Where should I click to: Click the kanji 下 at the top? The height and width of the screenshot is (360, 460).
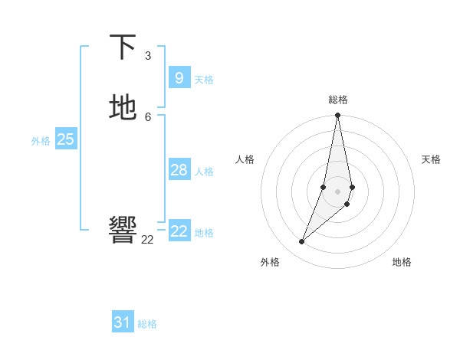pyautogui.click(x=123, y=47)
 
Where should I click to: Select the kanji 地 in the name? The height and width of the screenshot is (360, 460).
pyautogui.click(x=123, y=108)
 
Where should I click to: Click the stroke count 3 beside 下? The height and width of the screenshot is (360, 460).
pyautogui.click(x=148, y=56)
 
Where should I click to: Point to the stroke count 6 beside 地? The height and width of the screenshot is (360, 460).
pyautogui.click(x=148, y=116)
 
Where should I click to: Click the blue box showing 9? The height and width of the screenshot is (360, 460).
pyautogui.click(x=179, y=77)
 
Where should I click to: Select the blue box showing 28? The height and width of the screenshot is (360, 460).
pyautogui.click(x=179, y=169)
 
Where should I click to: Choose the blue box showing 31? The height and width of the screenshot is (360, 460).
pyautogui.click(x=123, y=322)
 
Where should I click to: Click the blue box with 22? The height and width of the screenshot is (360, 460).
pyautogui.click(x=179, y=231)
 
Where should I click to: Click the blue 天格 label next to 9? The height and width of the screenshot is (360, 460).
pyautogui.click(x=204, y=80)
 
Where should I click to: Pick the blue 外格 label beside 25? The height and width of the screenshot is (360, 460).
pyautogui.click(x=41, y=141)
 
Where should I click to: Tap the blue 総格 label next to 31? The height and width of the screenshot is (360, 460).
pyautogui.click(x=147, y=325)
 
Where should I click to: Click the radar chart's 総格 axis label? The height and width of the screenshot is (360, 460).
pyautogui.click(x=338, y=100)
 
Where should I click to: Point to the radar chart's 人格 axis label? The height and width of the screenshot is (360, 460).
pyautogui.click(x=245, y=159)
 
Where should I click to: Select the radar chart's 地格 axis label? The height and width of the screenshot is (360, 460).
pyautogui.click(x=402, y=262)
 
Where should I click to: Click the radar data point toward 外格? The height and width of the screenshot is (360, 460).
pyautogui.click(x=301, y=242)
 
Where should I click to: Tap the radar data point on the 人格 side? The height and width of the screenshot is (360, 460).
pyautogui.click(x=324, y=187)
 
